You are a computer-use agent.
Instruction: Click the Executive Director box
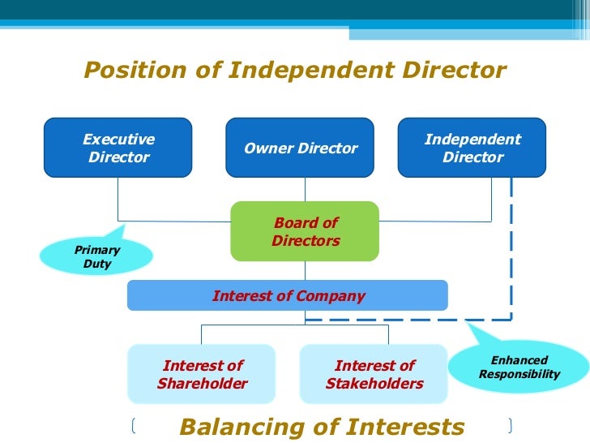(118, 148)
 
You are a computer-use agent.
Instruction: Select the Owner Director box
(300, 148)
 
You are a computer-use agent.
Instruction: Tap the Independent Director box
(472, 148)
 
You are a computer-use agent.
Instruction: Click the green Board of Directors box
(305, 231)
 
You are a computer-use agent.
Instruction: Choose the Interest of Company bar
(288, 295)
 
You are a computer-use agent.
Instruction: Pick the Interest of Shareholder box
(202, 374)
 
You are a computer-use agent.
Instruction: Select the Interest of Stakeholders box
(374, 374)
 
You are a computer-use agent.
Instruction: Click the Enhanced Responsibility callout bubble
(519, 368)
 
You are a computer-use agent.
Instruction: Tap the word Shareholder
(203, 384)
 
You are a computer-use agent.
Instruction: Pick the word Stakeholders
(374, 384)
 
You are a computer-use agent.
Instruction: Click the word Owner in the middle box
(265, 148)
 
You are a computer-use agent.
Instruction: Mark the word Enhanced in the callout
(519, 360)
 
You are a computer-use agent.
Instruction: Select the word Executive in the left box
(118, 140)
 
